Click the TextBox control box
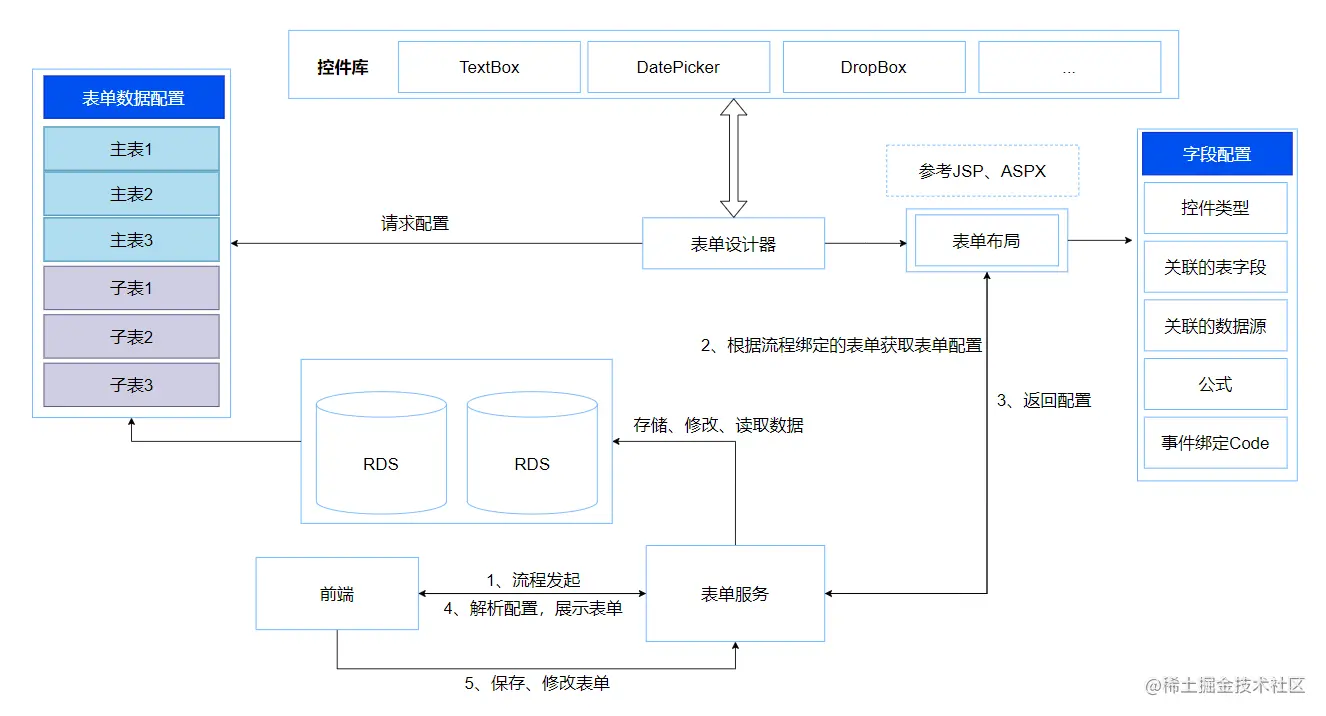coord(489,67)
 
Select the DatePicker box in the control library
coord(678,67)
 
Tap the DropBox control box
coord(873,67)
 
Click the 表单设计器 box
coord(733,243)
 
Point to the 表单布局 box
coord(986,241)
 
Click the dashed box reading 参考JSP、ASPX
coord(982,171)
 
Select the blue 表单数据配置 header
coord(133,98)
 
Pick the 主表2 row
coord(131,194)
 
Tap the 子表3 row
coord(131,385)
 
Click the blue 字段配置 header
coord(1216,154)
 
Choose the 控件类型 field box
coord(1215,208)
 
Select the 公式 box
coord(1215,385)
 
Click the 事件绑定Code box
coord(1215,443)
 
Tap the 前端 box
coord(337,594)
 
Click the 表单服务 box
coord(735,593)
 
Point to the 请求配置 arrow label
coord(415,224)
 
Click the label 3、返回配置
coord(1043,400)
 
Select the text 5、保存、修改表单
coord(537,683)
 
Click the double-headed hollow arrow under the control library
coord(734,157)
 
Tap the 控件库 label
coord(343,68)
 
